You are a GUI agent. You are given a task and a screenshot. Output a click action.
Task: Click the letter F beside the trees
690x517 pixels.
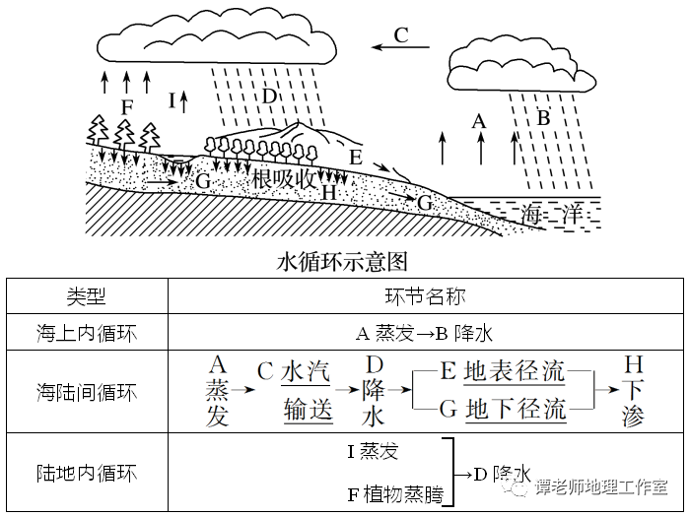pos(126,105)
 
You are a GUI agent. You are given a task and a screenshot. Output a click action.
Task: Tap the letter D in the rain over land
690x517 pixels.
pos(269,97)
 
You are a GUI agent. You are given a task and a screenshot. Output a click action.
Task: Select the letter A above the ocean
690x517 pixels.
pos(480,121)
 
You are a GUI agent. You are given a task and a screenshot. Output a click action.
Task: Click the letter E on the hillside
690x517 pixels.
pos(356,156)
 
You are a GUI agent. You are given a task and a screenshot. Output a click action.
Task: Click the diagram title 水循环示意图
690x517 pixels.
pos(343,262)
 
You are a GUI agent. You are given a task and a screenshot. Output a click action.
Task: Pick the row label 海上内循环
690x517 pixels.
pos(87,333)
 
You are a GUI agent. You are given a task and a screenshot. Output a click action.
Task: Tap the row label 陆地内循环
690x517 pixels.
pos(87,473)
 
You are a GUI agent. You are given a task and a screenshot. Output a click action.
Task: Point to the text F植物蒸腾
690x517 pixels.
pos(394,495)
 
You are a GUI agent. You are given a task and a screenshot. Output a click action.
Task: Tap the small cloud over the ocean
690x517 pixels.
pos(518,65)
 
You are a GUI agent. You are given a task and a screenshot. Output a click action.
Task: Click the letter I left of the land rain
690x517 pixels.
pos(172,100)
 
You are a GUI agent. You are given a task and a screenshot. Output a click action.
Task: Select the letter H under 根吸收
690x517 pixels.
pos(329,194)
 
